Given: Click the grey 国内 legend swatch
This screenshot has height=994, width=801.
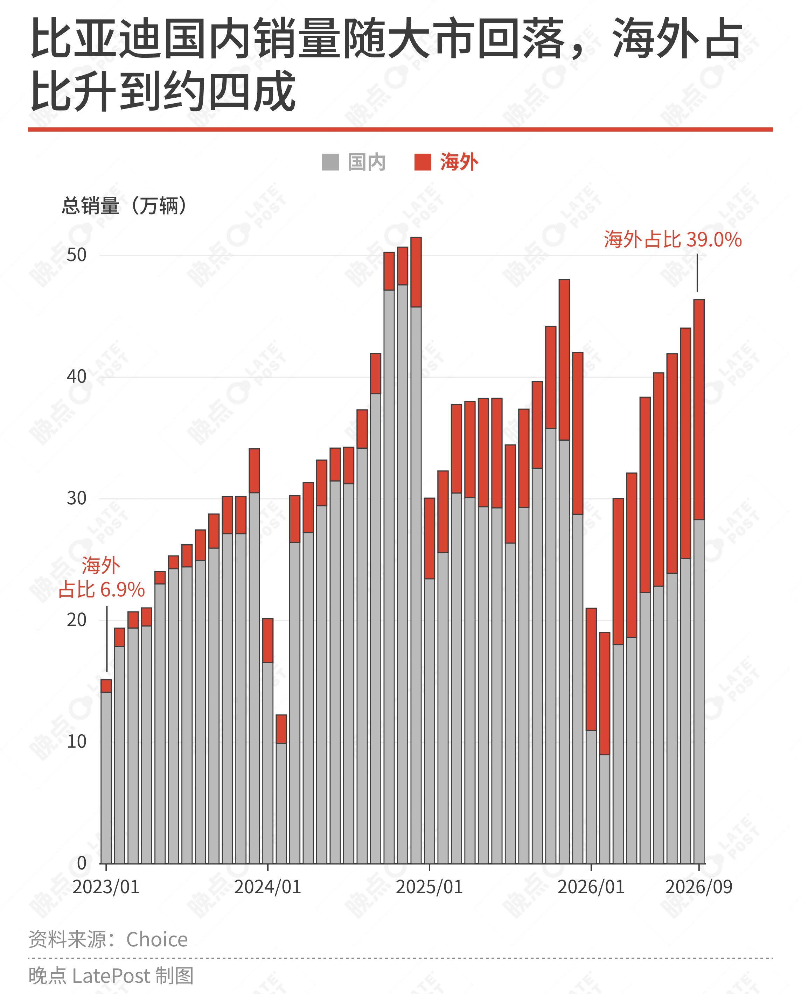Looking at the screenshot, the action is pos(330,162).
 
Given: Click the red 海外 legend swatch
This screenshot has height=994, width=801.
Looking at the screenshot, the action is pos(423,162).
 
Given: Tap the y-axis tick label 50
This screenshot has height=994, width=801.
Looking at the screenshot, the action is pos(77,255).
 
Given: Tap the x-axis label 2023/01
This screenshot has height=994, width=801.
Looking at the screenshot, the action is pos(106,887).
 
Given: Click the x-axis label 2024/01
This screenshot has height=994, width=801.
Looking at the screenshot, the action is pos(267,887).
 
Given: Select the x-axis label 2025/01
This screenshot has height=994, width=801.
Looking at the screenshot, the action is pos(430,887).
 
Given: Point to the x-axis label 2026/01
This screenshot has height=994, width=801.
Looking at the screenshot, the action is pos(591,887).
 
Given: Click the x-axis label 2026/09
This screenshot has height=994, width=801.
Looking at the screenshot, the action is pos(698,887).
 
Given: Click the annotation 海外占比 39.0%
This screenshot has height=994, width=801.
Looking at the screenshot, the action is pos(673,240).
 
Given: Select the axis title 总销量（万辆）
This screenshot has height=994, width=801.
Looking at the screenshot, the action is pos(125,206).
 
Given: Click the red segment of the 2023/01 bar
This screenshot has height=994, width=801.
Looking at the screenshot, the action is pos(106,686).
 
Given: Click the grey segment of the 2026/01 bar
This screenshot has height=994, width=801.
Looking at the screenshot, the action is pos(591,797).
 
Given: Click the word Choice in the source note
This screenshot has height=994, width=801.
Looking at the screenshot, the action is pos(157,939).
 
